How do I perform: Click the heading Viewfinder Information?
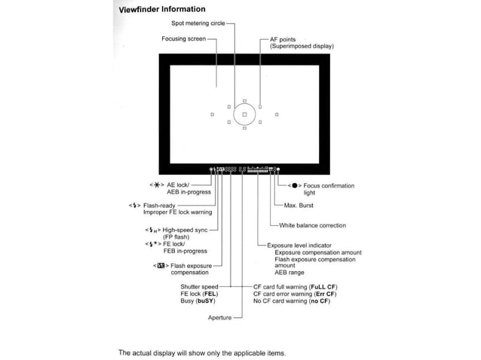(162, 10)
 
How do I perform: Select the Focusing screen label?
(183, 38)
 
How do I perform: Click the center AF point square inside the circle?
(244, 114)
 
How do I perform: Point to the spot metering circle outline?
(234, 114)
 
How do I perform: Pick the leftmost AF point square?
(212, 114)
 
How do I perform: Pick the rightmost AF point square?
(277, 114)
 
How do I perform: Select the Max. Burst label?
(299, 206)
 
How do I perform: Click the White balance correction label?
(312, 225)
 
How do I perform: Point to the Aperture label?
(219, 318)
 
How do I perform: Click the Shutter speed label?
(199, 287)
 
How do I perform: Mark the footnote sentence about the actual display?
(202, 352)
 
